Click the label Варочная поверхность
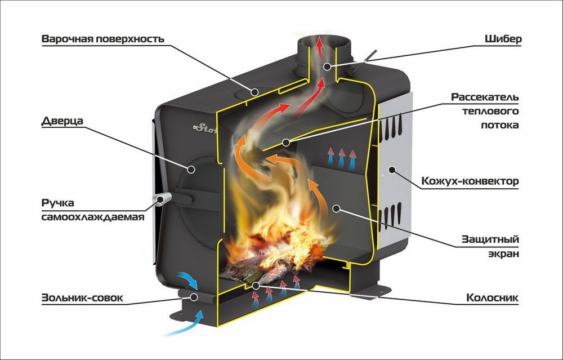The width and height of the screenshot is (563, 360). (x=102, y=39)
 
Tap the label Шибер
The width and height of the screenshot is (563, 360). (x=503, y=39)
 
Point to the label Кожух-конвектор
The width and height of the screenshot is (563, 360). (x=470, y=182)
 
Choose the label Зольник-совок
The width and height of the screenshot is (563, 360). (x=81, y=297)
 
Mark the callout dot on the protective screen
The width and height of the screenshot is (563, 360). (x=336, y=208)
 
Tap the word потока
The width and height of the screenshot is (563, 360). (x=502, y=125)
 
